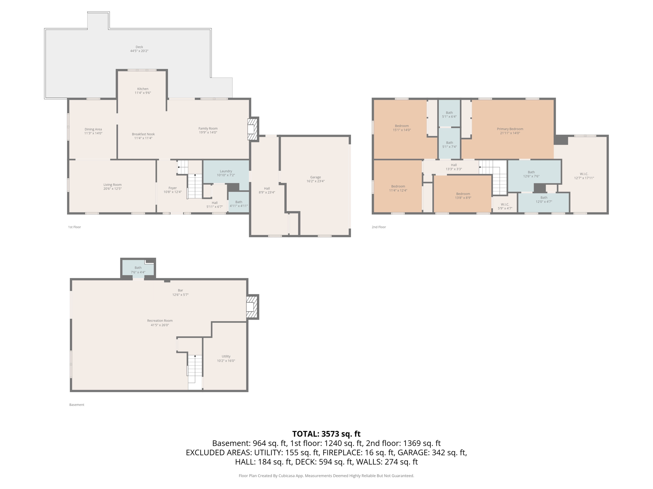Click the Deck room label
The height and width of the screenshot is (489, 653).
pyautogui.click(x=139, y=47)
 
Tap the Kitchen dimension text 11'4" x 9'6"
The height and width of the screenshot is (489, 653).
pyautogui.click(x=143, y=93)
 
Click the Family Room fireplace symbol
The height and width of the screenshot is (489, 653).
pyautogui.click(x=252, y=129)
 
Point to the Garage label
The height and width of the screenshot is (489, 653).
pyautogui.click(x=315, y=177)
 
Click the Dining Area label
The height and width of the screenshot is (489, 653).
pyautogui.click(x=93, y=129)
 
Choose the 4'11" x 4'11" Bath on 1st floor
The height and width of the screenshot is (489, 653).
pyautogui.click(x=238, y=204)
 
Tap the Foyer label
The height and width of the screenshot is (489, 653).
pyautogui.click(x=172, y=188)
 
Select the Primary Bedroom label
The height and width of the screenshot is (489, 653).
pyautogui.click(x=510, y=129)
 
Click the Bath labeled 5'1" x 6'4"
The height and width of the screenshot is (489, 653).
pyautogui.click(x=449, y=114)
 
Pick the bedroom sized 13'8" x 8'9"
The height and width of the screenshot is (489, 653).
pyautogui.click(x=463, y=195)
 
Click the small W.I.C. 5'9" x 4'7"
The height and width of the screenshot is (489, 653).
pyautogui.click(x=505, y=206)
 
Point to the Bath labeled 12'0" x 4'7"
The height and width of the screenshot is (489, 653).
pyautogui.click(x=544, y=200)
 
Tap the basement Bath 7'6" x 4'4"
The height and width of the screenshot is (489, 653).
pyautogui.click(x=138, y=270)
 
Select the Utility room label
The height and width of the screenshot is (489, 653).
pyautogui.click(x=226, y=356)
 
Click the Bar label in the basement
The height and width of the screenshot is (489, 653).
pyautogui.click(x=180, y=290)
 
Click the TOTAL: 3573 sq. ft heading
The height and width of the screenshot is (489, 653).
pyautogui.click(x=326, y=434)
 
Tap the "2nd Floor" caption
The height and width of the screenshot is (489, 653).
pyautogui.click(x=378, y=227)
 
